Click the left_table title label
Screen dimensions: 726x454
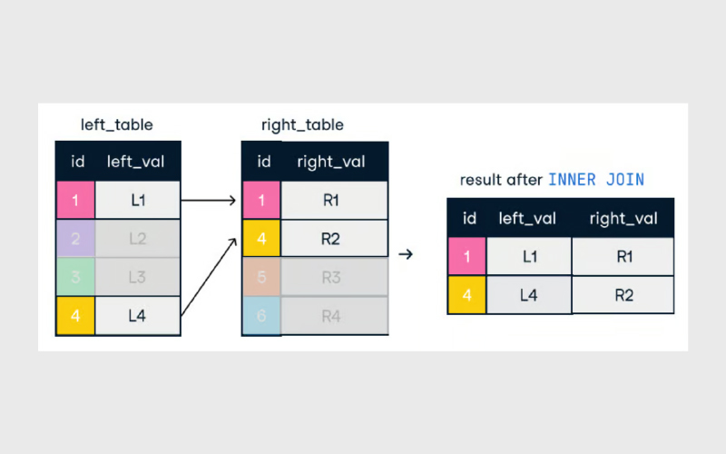coord(117,124)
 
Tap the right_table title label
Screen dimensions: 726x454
coord(302,124)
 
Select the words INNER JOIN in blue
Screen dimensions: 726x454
coord(596,179)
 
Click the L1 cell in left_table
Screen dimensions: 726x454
coord(138,200)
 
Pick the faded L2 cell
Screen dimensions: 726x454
coord(138,239)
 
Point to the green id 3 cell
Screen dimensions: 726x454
coord(75,277)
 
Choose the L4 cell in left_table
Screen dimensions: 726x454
coord(138,315)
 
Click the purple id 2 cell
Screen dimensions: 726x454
coord(75,239)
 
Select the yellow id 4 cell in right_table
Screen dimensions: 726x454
coord(261,239)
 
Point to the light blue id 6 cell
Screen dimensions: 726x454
coord(261,315)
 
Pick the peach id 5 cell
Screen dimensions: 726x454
coord(261,277)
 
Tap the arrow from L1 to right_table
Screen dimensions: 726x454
coord(209,200)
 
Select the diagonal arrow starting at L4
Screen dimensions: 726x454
coord(209,277)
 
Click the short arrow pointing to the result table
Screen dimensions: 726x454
coord(406,254)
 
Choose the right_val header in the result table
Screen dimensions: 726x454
coord(623,218)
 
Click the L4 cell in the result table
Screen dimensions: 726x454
coord(529,295)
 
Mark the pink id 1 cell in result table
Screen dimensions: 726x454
coord(466,256)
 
